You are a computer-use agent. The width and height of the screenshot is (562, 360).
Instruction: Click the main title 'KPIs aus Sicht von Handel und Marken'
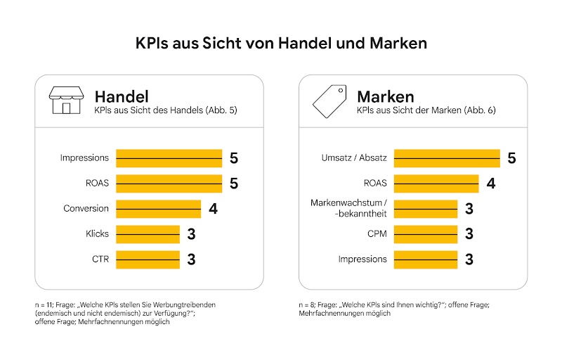(x=281, y=44)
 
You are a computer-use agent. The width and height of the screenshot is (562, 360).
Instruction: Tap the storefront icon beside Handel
(x=65, y=101)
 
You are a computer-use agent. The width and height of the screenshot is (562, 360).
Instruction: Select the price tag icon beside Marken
(x=329, y=101)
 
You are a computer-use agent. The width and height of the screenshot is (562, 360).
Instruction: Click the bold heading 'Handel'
(x=122, y=96)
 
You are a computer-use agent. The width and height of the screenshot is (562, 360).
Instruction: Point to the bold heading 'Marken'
(x=386, y=96)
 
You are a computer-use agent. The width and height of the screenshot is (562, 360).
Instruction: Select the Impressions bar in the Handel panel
(x=169, y=158)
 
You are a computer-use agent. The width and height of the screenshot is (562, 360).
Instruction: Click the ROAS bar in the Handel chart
(x=169, y=184)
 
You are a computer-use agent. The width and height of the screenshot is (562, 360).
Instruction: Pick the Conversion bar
(x=158, y=209)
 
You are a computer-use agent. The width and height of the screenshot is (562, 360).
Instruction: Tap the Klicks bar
(x=148, y=234)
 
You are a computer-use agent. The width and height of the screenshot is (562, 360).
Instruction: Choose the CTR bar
(x=148, y=259)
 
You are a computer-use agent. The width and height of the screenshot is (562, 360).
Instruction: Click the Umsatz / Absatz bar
(x=447, y=158)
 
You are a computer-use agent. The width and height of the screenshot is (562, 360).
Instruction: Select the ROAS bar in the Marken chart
(x=436, y=184)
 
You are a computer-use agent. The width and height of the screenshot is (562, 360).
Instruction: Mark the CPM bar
(x=426, y=234)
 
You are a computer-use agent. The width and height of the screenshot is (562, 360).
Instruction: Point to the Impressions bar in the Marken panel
(x=426, y=259)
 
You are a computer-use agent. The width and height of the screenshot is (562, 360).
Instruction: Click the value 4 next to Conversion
(x=212, y=209)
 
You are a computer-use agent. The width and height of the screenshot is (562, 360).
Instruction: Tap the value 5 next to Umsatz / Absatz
(x=511, y=158)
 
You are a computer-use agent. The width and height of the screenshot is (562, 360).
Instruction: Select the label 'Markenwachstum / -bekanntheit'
(x=348, y=208)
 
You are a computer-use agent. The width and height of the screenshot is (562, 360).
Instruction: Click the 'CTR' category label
(x=100, y=259)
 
